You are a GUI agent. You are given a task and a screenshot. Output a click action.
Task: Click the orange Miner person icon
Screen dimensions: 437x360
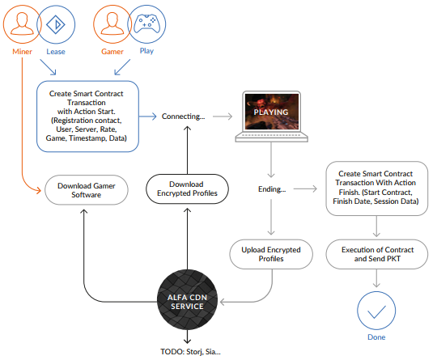click(x=23, y=24)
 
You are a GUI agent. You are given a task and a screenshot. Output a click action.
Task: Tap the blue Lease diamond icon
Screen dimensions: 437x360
click(x=56, y=24)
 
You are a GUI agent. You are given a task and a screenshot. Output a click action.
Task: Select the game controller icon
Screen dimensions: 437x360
click(x=146, y=24)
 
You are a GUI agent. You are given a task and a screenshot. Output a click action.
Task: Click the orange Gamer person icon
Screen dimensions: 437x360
click(x=112, y=24)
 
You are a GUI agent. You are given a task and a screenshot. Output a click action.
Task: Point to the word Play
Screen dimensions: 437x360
click(x=146, y=51)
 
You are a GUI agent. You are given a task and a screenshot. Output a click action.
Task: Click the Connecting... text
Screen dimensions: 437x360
click(x=183, y=116)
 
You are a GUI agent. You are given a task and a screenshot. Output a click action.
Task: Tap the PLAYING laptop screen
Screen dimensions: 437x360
click(x=271, y=112)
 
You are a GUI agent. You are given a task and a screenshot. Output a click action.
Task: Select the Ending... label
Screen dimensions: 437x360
click(x=272, y=189)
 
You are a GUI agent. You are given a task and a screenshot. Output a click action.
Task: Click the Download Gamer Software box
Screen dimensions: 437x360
click(x=87, y=190)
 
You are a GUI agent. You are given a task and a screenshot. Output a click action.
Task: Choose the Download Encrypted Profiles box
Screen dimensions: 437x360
click(x=187, y=189)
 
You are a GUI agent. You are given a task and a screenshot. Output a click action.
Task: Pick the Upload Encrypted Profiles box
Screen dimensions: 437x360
click(x=271, y=254)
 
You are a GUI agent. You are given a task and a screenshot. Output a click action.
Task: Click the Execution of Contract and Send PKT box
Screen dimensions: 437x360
click(x=377, y=254)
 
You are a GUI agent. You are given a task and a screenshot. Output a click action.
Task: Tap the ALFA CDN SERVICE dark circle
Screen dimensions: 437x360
click(x=187, y=299)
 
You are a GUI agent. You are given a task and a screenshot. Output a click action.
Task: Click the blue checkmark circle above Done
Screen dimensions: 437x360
click(x=376, y=311)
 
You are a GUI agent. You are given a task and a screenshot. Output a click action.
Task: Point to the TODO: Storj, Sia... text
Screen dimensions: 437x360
click(x=190, y=352)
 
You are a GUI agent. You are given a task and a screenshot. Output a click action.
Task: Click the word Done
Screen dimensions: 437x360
click(x=376, y=337)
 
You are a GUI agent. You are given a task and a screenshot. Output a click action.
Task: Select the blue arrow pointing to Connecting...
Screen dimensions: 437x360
click(x=148, y=116)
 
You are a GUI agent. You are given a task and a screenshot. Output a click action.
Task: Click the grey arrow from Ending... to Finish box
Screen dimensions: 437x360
click(x=305, y=189)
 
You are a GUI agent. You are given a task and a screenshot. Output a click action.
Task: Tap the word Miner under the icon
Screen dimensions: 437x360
click(x=23, y=52)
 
